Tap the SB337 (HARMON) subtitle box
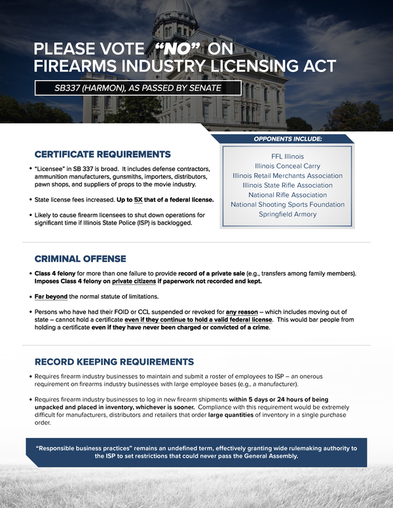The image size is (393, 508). [x=138, y=87]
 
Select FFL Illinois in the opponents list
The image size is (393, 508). [x=288, y=157]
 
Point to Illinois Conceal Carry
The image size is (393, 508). [x=288, y=166]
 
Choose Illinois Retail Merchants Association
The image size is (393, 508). [x=288, y=176]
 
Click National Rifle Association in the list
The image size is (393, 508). [x=288, y=195]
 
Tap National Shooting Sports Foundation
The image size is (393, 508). [x=288, y=205]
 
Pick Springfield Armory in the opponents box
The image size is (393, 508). [x=288, y=214]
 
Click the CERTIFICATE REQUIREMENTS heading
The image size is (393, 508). [x=102, y=154]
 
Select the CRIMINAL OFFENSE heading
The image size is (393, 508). [x=80, y=259]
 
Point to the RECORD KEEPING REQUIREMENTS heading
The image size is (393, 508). [x=114, y=362]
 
